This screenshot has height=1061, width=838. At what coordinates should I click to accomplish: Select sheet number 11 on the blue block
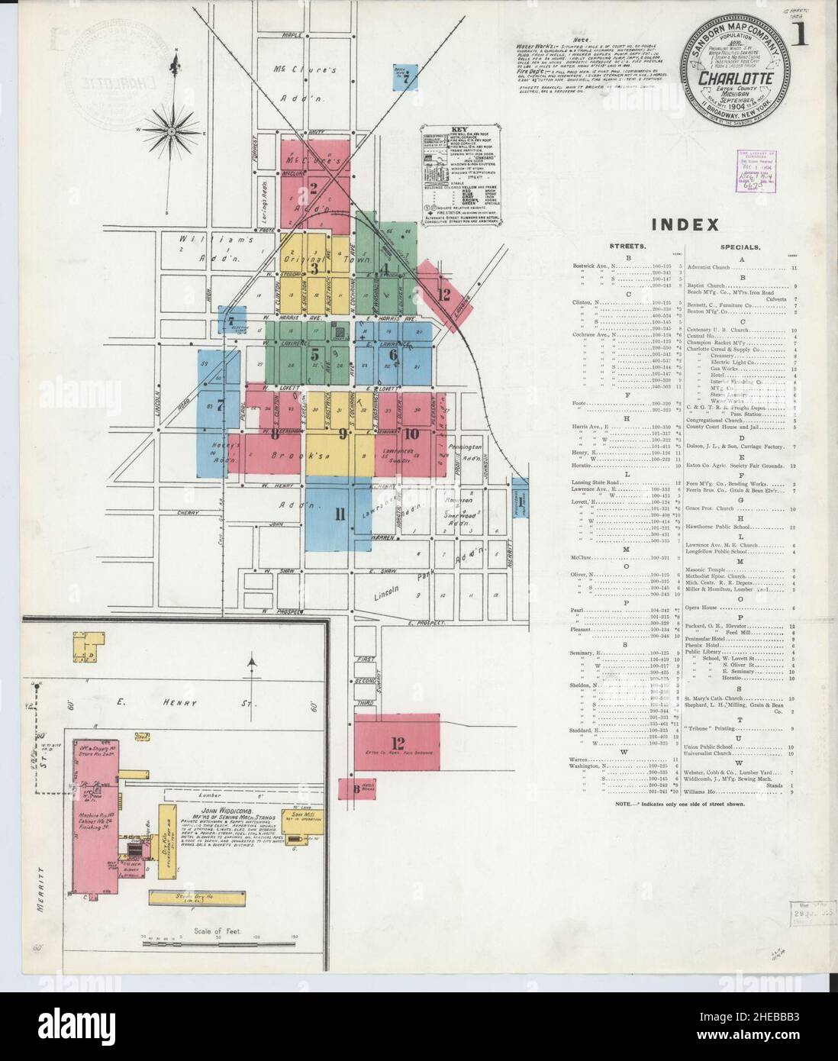pos(340,514)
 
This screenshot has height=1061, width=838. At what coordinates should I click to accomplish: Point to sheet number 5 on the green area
pos(315,354)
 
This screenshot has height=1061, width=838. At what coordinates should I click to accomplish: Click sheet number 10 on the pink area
pos(412,434)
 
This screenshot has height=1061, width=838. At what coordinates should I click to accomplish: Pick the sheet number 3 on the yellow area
pos(313,268)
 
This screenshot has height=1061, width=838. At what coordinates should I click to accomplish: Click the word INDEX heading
pos(685,224)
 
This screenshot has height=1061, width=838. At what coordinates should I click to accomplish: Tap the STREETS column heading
pos(628,247)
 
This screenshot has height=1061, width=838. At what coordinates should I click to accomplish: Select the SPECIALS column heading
pos(739,247)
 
